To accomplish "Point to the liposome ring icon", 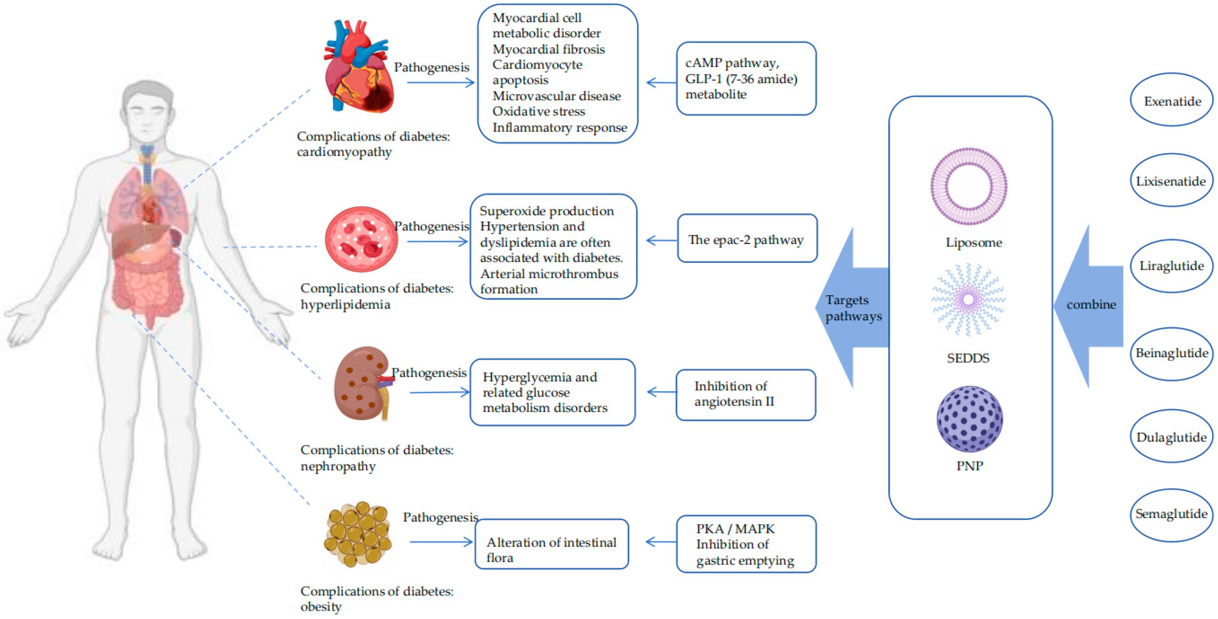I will click(x=969, y=186).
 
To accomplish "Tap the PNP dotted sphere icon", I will click(x=969, y=419).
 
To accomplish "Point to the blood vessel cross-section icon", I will click(x=361, y=239).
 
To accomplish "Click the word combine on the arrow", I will click(x=1091, y=304).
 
